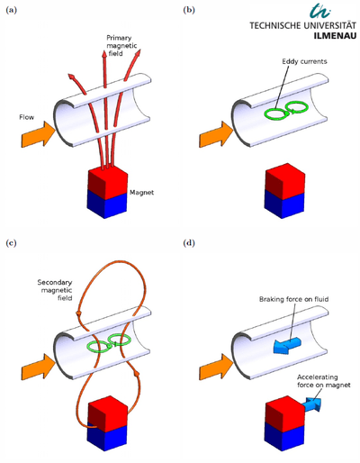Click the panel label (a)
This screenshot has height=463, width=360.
point(12,10)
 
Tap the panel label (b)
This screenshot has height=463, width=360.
point(189,10)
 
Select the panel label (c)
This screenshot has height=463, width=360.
point(11,243)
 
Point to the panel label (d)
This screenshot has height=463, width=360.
point(189,243)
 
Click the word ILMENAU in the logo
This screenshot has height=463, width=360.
point(335,36)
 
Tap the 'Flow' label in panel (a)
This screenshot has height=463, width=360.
point(27,117)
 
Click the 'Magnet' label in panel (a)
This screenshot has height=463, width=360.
point(141,193)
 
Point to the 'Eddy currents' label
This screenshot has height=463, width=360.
point(304,61)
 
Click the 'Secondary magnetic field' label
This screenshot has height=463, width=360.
point(55,290)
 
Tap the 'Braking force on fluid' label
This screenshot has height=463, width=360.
point(293,299)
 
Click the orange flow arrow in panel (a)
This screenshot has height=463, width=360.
point(39,134)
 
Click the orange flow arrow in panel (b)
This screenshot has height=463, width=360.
point(216,134)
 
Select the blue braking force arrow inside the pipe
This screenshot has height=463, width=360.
point(287,345)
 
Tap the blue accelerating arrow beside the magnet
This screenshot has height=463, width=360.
point(312,404)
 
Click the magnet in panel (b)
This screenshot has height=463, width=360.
point(284,191)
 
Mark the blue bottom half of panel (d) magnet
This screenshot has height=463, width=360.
point(284,438)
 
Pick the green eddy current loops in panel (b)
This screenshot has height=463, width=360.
point(286,111)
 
